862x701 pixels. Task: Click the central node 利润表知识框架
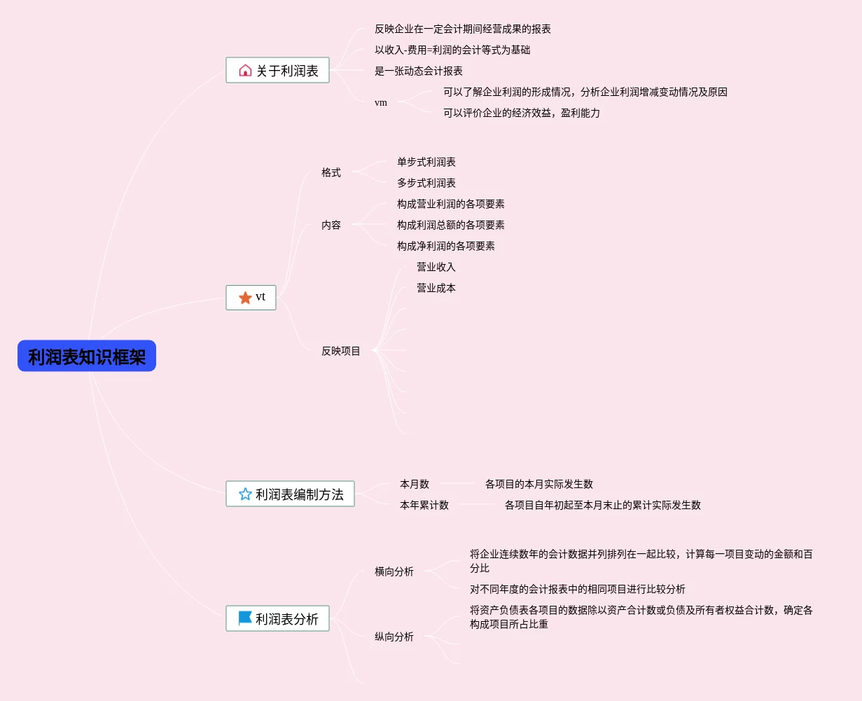(87, 356)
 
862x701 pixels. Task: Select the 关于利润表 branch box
(277, 70)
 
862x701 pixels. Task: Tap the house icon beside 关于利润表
(245, 70)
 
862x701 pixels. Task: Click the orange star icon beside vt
(245, 298)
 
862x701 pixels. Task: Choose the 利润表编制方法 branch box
(290, 494)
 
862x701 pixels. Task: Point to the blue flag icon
(245, 618)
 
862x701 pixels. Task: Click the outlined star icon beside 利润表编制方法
(245, 494)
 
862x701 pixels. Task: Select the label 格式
(331, 172)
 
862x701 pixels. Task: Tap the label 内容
(331, 225)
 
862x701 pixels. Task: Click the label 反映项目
(341, 351)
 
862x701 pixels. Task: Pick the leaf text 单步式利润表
(426, 162)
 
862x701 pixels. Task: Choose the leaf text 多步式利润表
(426, 183)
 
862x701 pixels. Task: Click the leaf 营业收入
(436, 267)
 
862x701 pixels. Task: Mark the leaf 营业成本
(436, 288)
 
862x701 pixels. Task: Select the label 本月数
(415, 484)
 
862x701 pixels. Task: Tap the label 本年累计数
(424, 505)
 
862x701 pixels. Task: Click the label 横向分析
(394, 571)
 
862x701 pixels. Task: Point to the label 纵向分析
(394, 637)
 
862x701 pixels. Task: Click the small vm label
(381, 102)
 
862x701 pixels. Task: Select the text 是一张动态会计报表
(419, 71)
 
